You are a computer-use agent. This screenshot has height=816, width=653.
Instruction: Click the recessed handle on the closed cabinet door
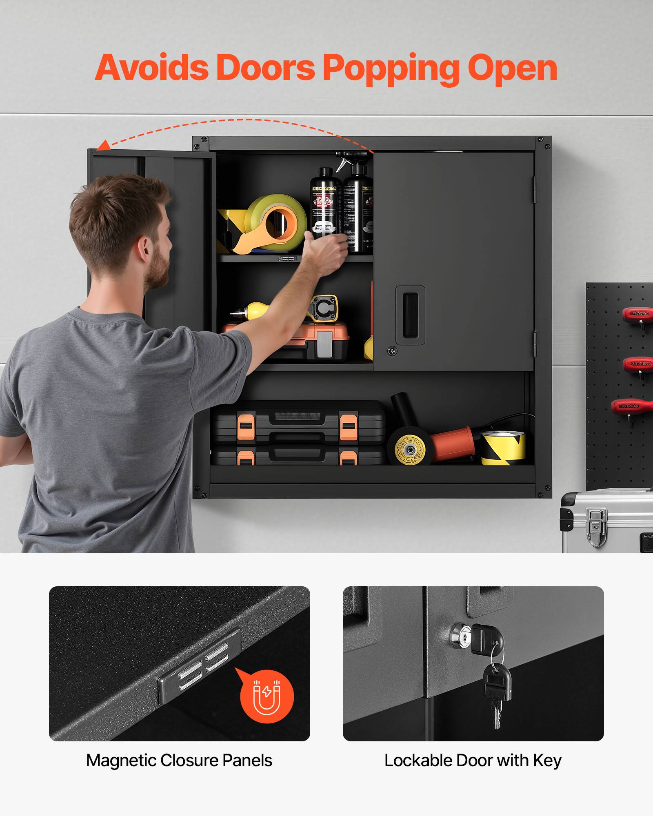[x=410, y=315]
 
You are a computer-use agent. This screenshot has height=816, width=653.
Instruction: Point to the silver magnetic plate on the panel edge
[x=200, y=665]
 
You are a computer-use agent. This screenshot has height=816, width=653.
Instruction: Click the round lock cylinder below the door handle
[x=392, y=350]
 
